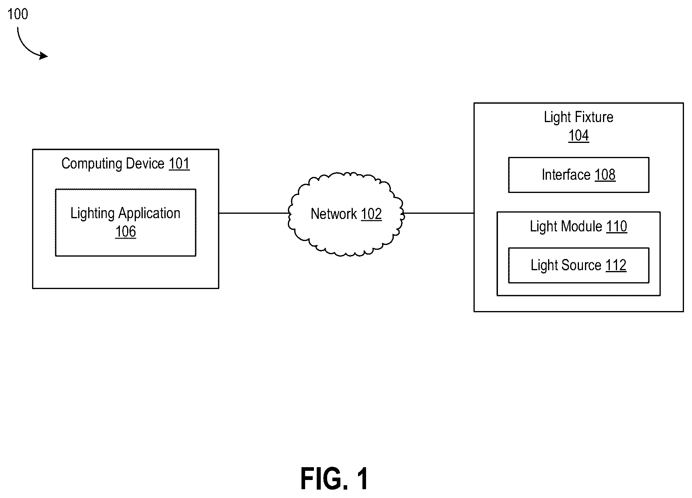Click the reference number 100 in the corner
click(18, 14)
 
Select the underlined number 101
click(179, 164)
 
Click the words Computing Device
click(113, 164)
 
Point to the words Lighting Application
click(125, 213)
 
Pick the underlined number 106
click(125, 232)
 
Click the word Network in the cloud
click(334, 214)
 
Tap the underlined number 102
click(371, 214)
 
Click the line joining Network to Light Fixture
click(439, 213)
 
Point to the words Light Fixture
click(579, 117)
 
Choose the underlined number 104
click(579, 136)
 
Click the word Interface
click(566, 175)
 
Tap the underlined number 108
click(605, 175)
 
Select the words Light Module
click(566, 227)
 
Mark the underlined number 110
click(617, 227)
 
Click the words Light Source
click(566, 265)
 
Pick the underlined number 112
click(616, 265)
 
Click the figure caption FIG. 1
click(334, 479)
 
